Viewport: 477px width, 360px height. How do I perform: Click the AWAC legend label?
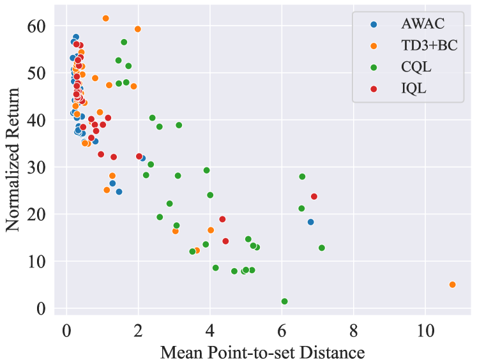pos(423,25)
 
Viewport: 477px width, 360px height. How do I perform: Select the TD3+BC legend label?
pos(430,47)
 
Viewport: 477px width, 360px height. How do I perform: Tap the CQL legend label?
pos(416,68)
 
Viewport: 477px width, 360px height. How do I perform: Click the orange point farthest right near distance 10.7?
pos(452,285)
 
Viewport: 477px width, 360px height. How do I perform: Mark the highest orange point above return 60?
pos(106,19)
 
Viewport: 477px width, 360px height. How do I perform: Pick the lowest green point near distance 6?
pos(285,301)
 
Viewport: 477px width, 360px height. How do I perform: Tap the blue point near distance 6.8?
pos(311,222)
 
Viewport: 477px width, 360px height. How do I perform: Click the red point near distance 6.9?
pos(314,197)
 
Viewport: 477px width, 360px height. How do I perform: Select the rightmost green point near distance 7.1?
pos(322,248)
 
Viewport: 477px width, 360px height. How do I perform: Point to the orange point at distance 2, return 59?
pos(138,29)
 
